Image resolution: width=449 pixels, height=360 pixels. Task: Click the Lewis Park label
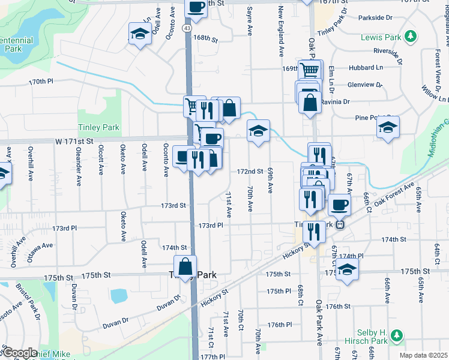pos(381,37)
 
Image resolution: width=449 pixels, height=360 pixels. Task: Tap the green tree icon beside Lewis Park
pos(411,37)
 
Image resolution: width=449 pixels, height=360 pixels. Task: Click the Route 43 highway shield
pos(188,28)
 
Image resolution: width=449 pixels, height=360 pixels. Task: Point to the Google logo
pos(19,353)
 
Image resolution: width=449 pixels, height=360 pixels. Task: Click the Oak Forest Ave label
pos(395,194)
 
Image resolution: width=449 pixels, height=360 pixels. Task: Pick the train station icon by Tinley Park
pos(340,224)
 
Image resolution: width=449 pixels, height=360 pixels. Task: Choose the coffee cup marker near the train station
pos(339,204)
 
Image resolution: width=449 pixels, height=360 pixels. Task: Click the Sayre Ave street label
pos(248,21)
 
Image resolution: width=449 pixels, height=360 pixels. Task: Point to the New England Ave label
pos(280,30)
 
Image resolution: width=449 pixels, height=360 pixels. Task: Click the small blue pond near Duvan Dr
pos(119,295)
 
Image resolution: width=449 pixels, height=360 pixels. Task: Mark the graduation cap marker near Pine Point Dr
pos(388,127)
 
